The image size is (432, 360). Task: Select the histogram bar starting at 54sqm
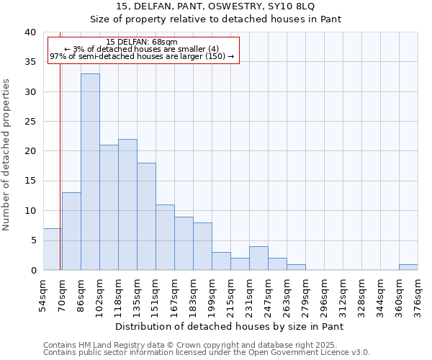[53, 249]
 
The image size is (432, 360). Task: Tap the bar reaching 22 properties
[127, 204]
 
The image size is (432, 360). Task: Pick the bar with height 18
[146, 216]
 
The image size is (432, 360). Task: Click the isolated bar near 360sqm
[408, 267]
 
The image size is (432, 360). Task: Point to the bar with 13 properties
[71, 231]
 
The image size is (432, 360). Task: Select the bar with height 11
[165, 237]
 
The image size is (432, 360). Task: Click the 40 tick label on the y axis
[30, 32]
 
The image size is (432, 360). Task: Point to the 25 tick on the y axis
[30, 122]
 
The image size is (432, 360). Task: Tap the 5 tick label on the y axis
[32, 240]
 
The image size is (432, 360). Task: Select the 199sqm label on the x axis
[212, 295]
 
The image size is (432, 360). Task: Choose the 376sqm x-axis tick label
[418, 295]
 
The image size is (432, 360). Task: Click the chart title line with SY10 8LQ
[215, 6]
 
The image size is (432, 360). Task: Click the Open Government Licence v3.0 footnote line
[206, 353]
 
